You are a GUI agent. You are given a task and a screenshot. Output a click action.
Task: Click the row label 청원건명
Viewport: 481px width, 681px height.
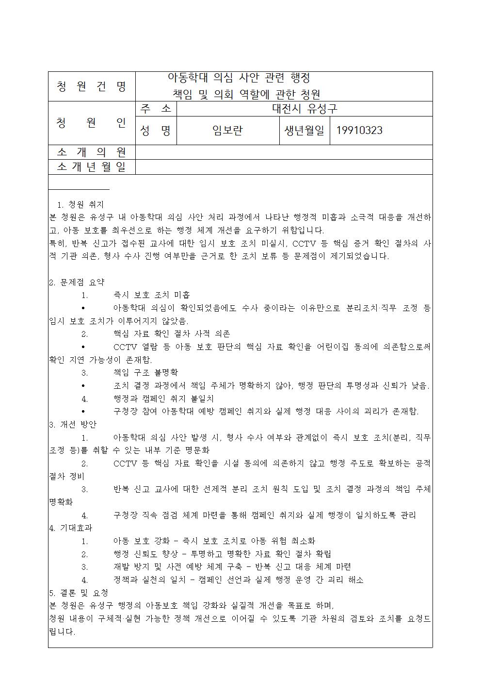91,86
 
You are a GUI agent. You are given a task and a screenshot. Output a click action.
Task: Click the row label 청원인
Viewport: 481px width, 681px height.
91,123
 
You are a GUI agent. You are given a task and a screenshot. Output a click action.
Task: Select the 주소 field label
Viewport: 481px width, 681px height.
156,108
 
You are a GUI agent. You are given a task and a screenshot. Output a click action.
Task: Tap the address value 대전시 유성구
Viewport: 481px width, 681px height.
304,108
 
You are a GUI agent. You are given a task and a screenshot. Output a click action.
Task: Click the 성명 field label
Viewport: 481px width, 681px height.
156,130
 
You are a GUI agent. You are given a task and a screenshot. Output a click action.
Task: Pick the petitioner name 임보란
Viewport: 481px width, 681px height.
227,130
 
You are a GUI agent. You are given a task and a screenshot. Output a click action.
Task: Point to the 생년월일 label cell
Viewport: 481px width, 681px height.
304,130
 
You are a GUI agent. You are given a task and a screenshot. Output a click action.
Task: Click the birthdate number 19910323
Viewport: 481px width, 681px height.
359,130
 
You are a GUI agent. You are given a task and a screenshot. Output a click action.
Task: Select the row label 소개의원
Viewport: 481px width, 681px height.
91,152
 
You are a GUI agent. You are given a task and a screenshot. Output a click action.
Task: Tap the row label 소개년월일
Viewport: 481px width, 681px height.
91,167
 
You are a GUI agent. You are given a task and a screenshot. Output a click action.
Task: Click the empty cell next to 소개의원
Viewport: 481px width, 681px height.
284,152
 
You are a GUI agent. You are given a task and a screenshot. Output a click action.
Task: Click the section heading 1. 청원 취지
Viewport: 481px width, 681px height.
80,204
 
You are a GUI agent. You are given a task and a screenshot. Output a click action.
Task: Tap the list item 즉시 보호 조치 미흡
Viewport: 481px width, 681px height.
152,295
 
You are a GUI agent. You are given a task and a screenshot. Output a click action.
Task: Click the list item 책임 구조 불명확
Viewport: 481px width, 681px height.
145,372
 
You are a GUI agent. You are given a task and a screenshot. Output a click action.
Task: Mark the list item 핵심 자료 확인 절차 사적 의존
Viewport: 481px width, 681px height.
172,333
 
